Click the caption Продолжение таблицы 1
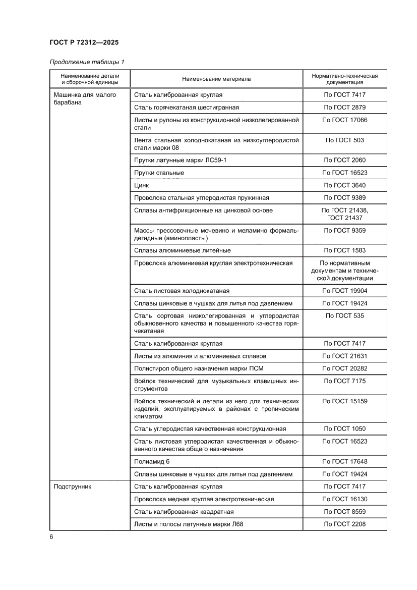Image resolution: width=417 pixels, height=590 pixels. [87, 62]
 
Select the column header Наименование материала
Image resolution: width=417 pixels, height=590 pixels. [216, 79]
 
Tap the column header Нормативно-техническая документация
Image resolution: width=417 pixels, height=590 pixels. [344, 79]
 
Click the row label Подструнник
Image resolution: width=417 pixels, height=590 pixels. [70, 487]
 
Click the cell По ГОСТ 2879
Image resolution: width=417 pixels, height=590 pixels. [344, 108]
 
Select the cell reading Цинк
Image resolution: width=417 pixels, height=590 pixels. [142, 185]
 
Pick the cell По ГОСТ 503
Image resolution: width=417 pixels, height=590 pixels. [344, 140]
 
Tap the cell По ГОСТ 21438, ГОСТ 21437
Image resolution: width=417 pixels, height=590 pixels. [344, 214]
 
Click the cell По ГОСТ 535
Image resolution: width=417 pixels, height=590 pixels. [344, 316]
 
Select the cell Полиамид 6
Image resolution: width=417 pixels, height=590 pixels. [149, 461]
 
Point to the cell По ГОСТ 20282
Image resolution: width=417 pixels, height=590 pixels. [344, 368]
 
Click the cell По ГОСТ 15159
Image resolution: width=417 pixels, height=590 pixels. [344, 401]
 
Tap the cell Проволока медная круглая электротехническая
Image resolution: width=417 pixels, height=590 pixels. [204, 499]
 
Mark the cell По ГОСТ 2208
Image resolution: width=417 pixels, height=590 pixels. [344, 524]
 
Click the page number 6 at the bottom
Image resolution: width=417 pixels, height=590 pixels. [51, 537]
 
